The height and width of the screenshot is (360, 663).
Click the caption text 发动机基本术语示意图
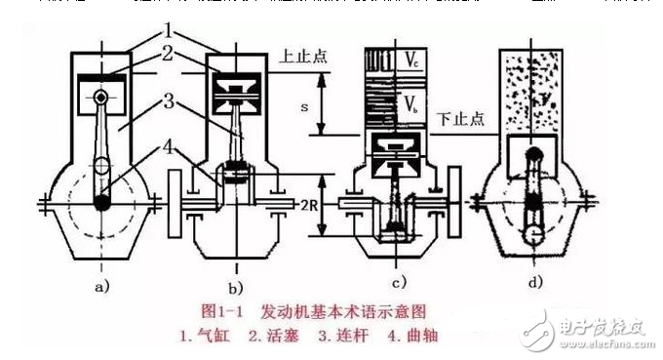(345, 311)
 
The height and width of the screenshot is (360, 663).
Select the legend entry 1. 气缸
(210, 335)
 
